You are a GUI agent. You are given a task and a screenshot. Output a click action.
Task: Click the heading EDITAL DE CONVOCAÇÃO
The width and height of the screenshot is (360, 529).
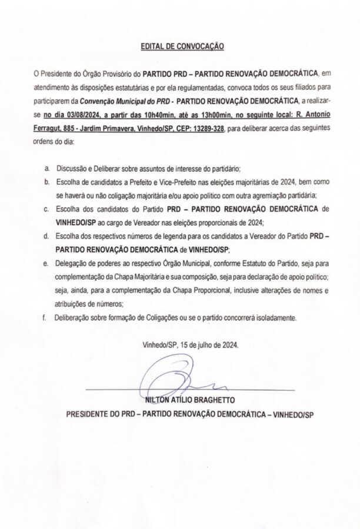point(182,46)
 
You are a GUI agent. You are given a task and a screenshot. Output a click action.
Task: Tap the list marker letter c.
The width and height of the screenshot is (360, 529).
point(46,209)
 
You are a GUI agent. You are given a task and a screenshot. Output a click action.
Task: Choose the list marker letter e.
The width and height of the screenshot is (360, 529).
point(46,263)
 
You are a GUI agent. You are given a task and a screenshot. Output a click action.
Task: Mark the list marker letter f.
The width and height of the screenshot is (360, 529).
point(44,317)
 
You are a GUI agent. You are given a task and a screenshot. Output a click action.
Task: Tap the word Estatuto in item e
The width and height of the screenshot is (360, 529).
point(222,263)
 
